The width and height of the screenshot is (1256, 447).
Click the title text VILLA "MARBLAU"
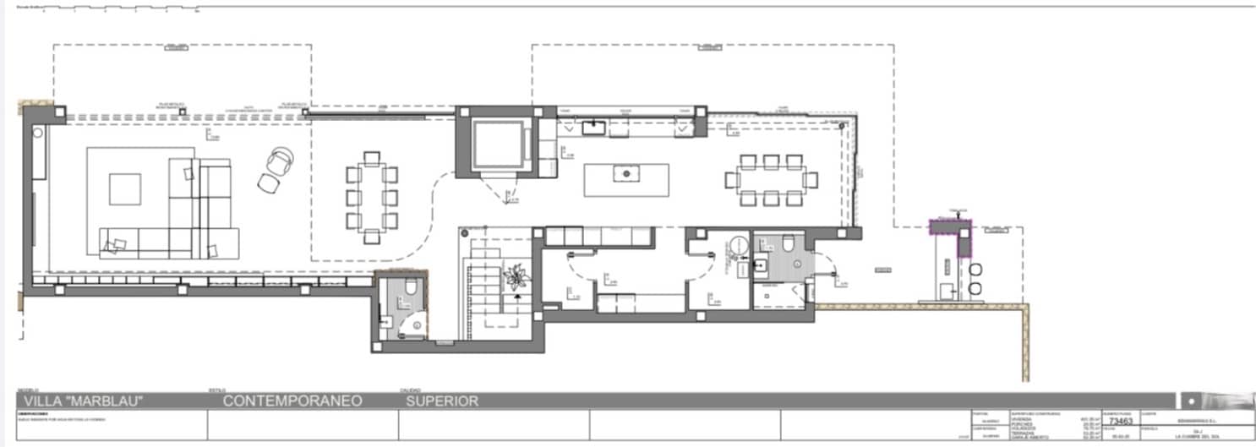pos(83,401)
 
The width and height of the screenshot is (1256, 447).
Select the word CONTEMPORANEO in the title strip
pos(292,401)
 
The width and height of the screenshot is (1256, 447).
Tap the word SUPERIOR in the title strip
pos(442,401)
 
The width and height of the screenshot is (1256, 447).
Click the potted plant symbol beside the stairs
pos(514,276)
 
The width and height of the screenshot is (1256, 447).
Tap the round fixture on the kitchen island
pos(627,173)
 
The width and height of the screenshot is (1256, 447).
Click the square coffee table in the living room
pos(125,188)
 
